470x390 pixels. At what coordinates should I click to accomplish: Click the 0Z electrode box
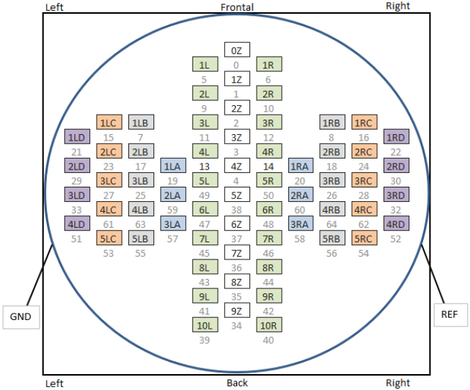click(236, 50)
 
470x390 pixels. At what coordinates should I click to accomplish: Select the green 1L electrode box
click(205, 65)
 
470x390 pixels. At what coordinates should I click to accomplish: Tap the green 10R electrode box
click(268, 325)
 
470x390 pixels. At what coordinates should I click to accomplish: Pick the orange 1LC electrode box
click(109, 123)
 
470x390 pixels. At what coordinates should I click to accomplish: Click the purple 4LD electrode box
click(76, 223)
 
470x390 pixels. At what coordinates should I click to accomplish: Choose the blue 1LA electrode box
click(172, 166)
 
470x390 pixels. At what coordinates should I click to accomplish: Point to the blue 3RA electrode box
click(300, 223)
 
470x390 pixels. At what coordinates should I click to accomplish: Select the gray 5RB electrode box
click(332, 239)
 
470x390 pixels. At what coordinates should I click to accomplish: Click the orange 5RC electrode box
click(364, 239)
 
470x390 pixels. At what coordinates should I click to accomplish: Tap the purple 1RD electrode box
click(396, 137)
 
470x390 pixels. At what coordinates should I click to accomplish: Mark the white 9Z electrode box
click(236, 311)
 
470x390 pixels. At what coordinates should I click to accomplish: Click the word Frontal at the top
click(237, 7)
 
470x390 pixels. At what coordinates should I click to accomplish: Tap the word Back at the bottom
click(237, 383)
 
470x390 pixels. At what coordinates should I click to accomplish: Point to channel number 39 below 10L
click(205, 340)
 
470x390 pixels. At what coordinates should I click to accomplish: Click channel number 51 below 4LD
click(76, 239)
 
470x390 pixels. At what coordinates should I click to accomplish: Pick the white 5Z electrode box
click(236, 195)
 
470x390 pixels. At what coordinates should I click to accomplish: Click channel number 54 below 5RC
click(364, 254)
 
